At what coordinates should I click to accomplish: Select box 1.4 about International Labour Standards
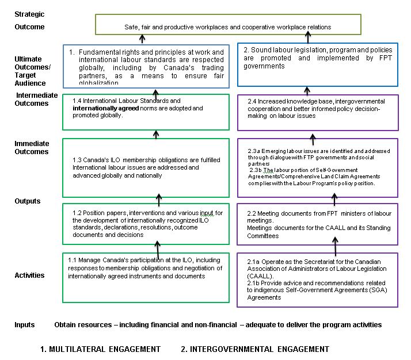[146, 112]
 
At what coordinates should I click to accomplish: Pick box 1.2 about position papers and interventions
[146, 223]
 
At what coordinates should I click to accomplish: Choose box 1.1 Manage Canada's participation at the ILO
[146, 277]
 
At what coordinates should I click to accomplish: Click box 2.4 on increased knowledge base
[317, 112]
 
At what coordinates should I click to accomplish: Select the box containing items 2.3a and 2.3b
[317, 167]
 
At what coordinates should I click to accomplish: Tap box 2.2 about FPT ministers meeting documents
[317, 224]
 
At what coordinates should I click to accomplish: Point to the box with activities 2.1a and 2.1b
[317, 279]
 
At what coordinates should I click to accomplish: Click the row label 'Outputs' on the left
[28, 201]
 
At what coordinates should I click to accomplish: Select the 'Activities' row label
[29, 275]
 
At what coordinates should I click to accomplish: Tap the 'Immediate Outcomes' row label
[32, 148]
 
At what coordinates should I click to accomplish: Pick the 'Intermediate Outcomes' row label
[37, 99]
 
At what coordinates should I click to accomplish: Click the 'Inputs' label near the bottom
[25, 325]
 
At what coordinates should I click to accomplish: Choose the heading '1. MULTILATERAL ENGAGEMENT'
[100, 349]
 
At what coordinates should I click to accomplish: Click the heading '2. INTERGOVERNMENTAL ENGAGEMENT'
[254, 349]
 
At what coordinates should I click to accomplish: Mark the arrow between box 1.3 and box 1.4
[155, 134]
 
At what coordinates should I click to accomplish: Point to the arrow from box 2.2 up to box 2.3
[334, 200]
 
